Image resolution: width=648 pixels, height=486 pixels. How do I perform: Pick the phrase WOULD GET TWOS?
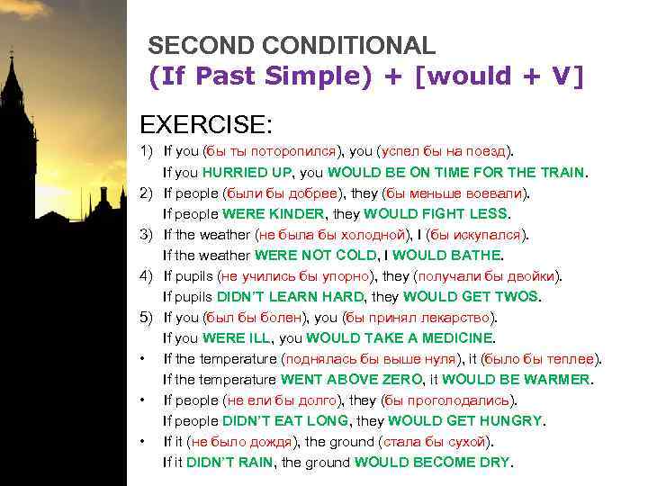point(471,296)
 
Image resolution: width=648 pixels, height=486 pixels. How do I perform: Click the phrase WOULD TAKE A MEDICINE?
point(400,338)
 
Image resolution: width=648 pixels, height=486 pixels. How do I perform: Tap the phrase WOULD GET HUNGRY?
point(473,421)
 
